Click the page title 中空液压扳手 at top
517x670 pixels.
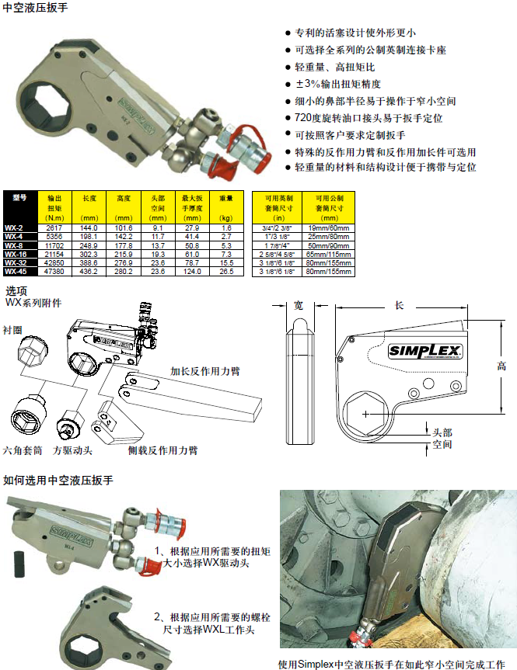click(x=35, y=9)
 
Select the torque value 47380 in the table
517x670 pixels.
click(x=54, y=272)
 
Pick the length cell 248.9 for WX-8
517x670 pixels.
click(x=88, y=245)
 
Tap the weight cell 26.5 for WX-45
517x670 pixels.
click(x=226, y=272)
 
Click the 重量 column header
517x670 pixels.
click(x=226, y=199)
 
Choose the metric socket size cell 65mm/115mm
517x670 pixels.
click(x=328, y=253)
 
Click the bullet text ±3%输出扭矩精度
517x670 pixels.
click(x=337, y=84)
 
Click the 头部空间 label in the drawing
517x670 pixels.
click(x=442, y=438)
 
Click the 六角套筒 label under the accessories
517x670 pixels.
click(x=23, y=450)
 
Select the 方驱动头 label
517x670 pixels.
click(x=72, y=450)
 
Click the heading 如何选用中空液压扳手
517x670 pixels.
click(x=58, y=481)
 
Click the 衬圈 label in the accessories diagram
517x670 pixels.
click(x=13, y=330)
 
